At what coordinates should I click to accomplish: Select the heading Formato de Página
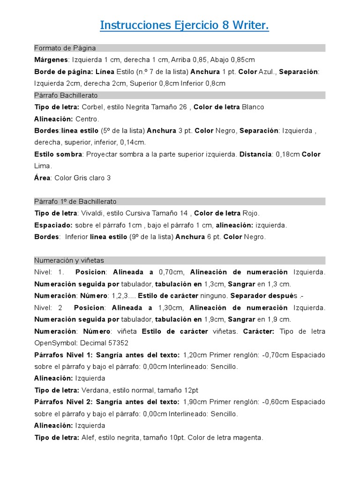65,48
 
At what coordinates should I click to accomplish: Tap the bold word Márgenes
51,60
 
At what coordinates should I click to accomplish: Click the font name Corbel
92,107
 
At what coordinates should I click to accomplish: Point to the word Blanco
253,107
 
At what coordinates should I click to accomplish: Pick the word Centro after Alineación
87,119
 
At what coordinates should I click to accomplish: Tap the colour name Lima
43,166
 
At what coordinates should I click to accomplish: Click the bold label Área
43,178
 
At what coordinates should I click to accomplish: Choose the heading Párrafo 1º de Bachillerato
75,202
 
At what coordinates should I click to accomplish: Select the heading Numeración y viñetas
69,260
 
